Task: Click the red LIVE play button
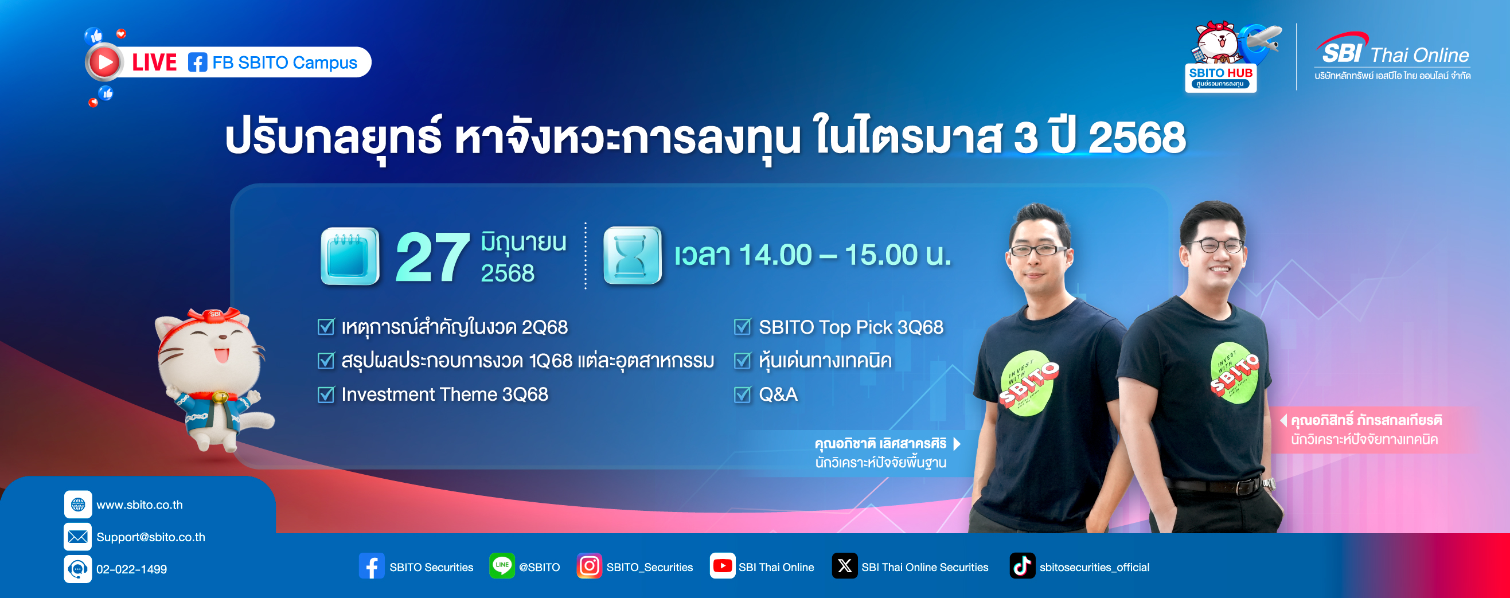[104, 62]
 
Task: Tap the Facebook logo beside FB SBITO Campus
[197, 62]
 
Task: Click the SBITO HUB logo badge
[1220, 77]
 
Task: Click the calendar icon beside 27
[350, 256]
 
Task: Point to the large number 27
[432, 257]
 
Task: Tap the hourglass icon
[633, 256]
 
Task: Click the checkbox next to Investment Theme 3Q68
[325, 394]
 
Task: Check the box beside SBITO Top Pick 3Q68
[742, 327]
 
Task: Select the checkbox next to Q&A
[742, 394]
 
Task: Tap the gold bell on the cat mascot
[220, 398]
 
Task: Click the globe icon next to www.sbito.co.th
[78, 504]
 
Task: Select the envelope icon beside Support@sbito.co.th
[78, 537]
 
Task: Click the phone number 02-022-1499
[131, 569]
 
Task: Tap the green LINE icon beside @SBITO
[502, 566]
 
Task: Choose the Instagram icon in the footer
[589, 566]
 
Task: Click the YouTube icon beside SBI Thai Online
[722, 566]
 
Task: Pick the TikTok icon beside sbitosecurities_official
[1023, 566]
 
